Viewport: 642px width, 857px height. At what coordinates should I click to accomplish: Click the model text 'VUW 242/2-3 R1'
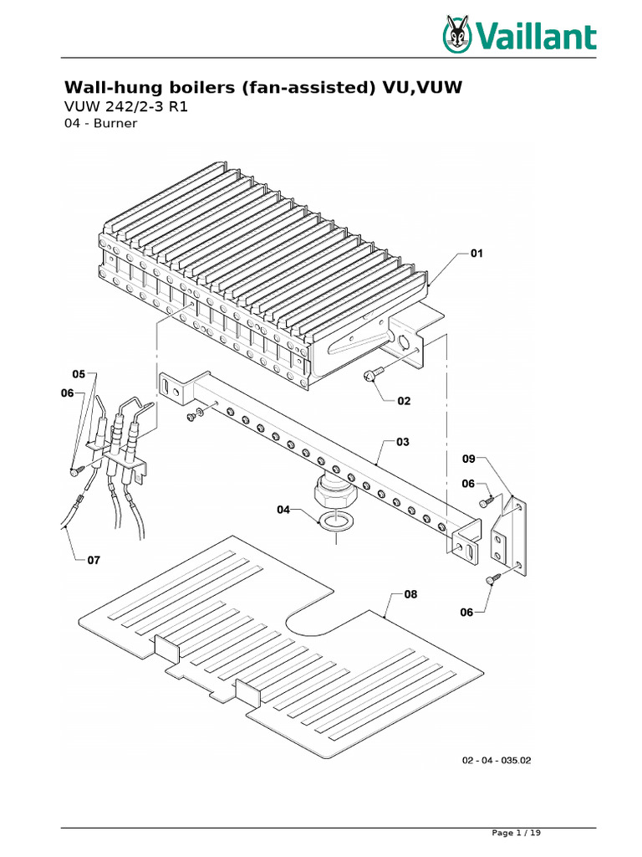[128, 107]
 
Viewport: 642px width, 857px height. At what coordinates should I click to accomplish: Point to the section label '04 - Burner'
[100, 123]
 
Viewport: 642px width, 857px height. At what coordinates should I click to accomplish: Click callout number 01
[476, 252]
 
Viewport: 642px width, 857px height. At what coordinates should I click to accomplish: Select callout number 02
[404, 401]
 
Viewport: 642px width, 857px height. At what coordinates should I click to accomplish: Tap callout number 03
[403, 441]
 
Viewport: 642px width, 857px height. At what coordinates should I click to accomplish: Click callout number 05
[79, 373]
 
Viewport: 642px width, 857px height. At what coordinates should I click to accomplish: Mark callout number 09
[469, 459]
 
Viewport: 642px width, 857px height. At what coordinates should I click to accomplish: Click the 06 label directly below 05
[67, 393]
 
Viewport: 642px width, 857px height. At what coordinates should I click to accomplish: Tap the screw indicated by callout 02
[370, 377]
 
